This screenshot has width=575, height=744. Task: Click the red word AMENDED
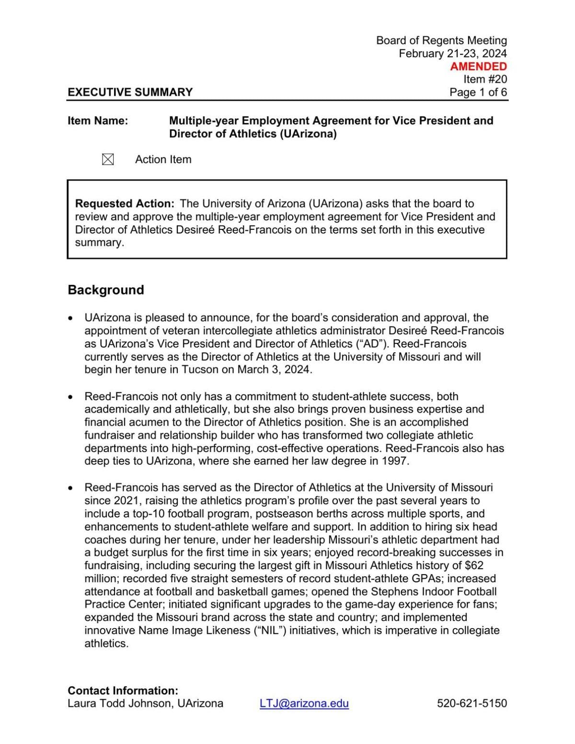click(x=478, y=67)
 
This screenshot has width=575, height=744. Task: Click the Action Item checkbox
click(x=108, y=159)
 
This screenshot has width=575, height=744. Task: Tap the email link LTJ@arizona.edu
click(x=304, y=703)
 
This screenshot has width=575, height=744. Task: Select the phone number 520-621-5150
click(x=471, y=703)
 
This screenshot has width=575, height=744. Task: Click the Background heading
click(x=106, y=290)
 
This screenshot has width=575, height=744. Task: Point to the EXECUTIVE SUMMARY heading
click(x=130, y=92)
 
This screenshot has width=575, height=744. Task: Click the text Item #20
click(x=485, y=79)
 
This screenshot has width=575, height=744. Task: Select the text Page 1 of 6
click(x=478, y=92)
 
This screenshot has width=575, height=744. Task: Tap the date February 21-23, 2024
click(x=452, y=54)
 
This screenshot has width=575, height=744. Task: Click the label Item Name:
click(x=98, y=121)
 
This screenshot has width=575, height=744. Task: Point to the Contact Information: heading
click(x=123, y=690)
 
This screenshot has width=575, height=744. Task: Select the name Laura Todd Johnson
click(x=119, y=703)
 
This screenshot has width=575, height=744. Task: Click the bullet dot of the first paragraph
click(x=71, y=318)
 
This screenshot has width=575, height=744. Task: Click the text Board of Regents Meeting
click(x=441, y=41)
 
